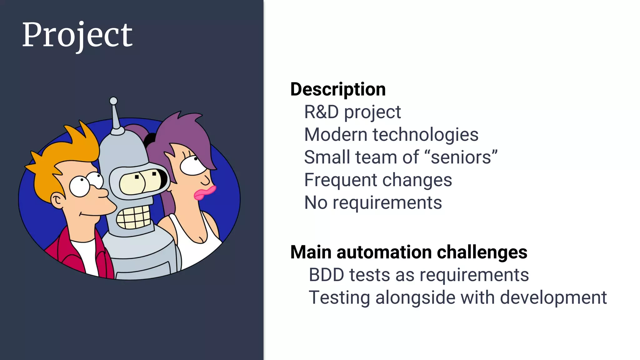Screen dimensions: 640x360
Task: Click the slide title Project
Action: pos(77,35)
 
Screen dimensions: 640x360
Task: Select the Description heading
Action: pos(338,89)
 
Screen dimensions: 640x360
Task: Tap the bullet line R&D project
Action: pos(352,112)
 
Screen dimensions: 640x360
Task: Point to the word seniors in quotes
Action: pos(463,157)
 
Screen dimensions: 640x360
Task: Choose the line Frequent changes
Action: pos(378,180)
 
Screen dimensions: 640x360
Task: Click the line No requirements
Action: pos(373,202)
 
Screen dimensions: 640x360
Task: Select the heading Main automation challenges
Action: pos(408,252)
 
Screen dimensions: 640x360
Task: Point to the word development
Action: pos(553,297)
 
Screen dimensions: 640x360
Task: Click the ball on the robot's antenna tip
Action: pos(113,101)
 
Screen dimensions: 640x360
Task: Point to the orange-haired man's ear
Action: pos(58,201)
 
